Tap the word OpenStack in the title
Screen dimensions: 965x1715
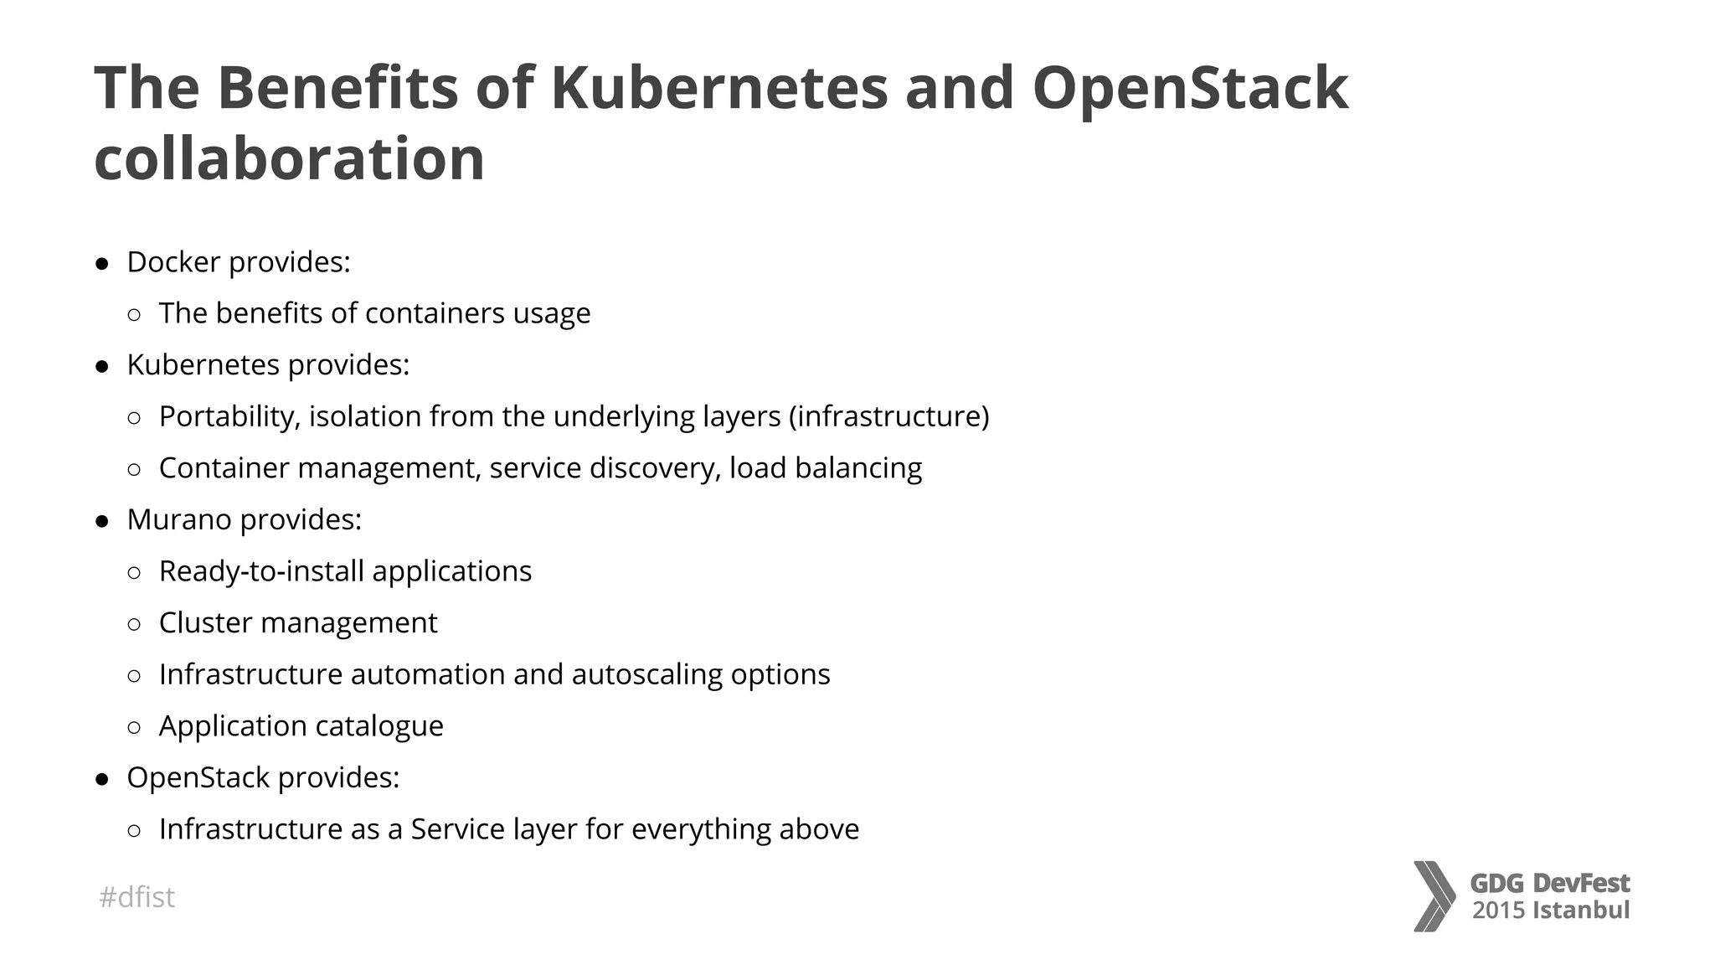click(x=1190, y=88)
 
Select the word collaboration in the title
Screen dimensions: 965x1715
click(x=290, y=159)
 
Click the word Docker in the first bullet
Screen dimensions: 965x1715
click(x=173, y=262)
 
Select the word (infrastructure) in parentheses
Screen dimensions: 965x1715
click(x=888, y=416)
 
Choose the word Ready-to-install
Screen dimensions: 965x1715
click(x=261, y=571)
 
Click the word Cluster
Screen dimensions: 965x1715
click(x=205, y=623)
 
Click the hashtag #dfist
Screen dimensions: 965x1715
click(x=136, y=897)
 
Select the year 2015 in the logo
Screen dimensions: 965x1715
click(x=1498, y=911)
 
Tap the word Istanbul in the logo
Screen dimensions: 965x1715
click(x=1580, y=911)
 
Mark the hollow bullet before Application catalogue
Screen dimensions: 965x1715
click(x=134, y=727)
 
